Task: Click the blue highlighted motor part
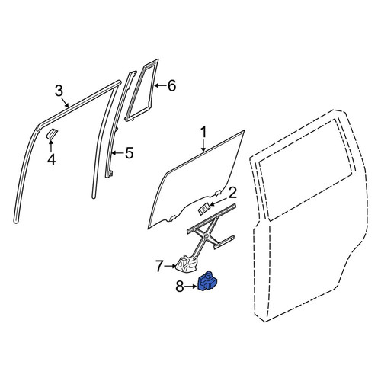(208, 280)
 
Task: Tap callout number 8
(180, 287)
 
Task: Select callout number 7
(159, 266)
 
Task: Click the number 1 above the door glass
(203, 133)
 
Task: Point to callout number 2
(232, 193)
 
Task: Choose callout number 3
(59, 91)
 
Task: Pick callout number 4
(52, 159)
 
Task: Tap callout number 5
(130, 153)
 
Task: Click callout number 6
(171, 85)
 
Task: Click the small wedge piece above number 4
(52, 133)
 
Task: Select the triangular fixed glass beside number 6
(142, 90)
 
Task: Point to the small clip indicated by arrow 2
(203, 209)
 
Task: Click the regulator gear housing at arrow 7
(187, 264)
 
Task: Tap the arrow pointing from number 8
(191, 287)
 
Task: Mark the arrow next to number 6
(161, 85)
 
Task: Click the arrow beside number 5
(118, 153)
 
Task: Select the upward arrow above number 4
(51, 146)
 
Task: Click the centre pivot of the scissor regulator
(207, 236)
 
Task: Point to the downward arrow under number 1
(203, 146)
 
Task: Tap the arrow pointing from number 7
(170, 266)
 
